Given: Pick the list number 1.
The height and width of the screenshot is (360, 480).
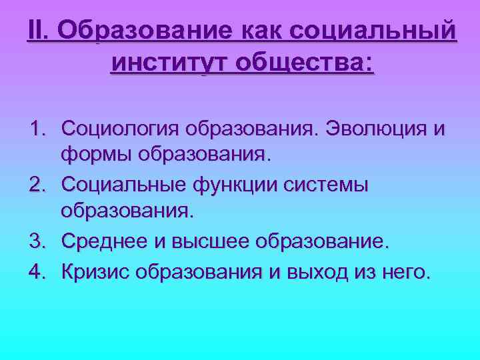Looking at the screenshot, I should [x=37, y=127].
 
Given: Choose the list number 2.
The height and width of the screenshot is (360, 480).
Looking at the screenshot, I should [x=37, y=183].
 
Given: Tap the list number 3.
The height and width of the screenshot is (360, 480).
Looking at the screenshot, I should [x=37, y=240].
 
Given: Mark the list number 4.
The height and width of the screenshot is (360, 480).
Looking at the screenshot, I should [x=37, y=270].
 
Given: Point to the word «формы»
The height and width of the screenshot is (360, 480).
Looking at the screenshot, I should [x=96, y=155].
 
